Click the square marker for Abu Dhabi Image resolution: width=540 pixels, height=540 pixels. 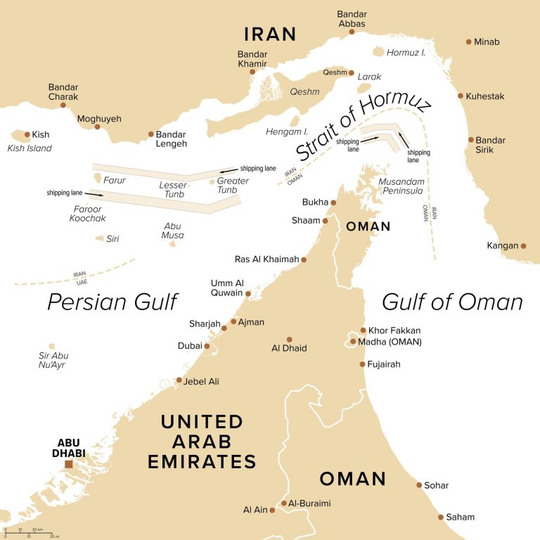tap(69, 465)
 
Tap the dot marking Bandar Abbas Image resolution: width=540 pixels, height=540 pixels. tap(352, 31)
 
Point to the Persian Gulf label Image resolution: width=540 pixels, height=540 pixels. tap(112, 302)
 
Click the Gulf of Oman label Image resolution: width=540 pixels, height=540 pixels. tap(452, 302)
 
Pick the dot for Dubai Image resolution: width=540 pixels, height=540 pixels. tap(207, 346)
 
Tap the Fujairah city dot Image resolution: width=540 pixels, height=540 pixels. tap(362, 364)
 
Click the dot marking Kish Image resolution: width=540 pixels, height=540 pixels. tap(27, 134)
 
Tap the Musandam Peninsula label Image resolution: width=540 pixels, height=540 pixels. tap(401, 186)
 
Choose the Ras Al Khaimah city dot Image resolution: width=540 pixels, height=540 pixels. tap(304, 259)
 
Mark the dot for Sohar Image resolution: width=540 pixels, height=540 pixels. tap(419, 485)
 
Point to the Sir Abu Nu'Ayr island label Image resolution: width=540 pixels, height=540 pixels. tap(53, 360)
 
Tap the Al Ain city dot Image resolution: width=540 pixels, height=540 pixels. tap(272, 510)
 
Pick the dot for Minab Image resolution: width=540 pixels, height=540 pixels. tap(469, 41)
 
